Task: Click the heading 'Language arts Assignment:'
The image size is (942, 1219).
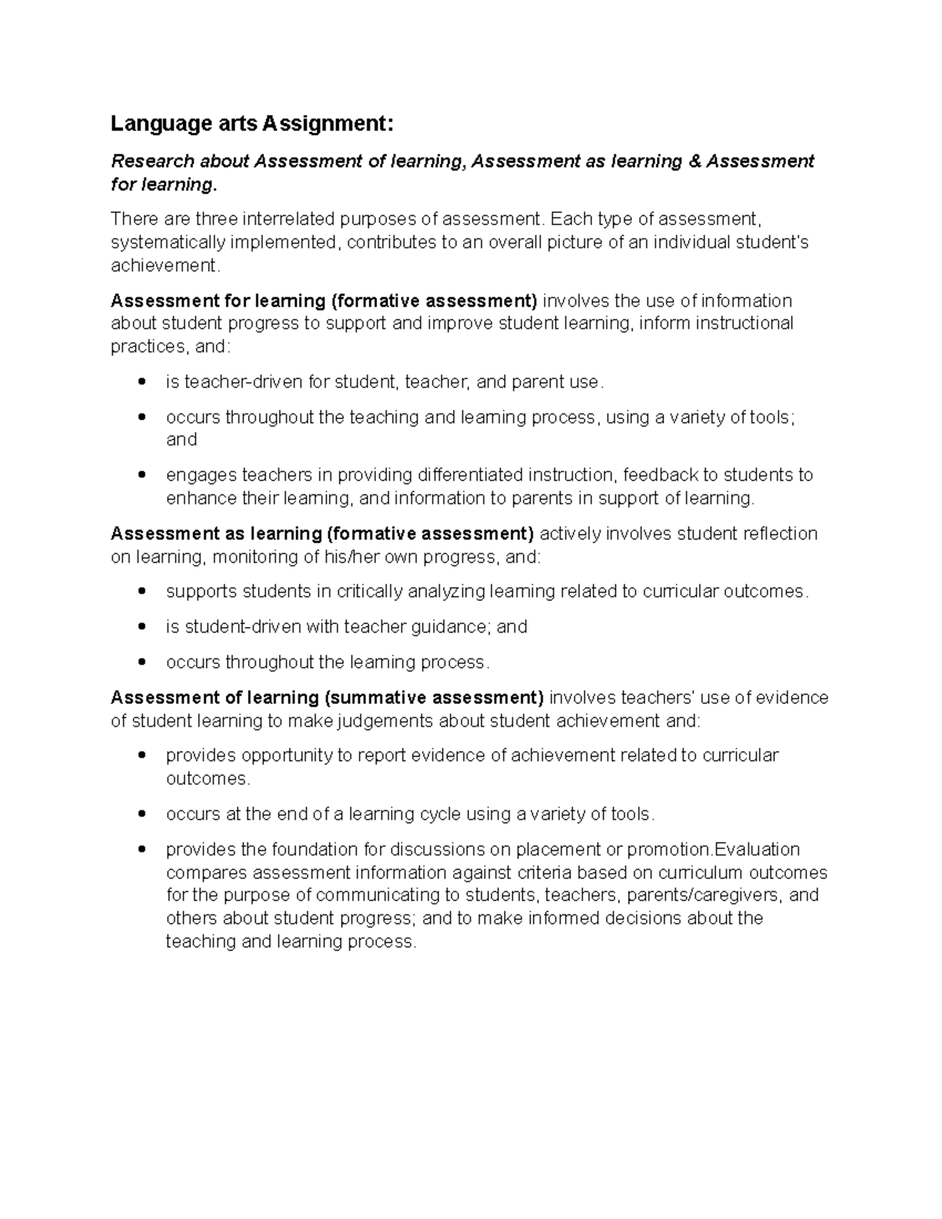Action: (x=250, y=124)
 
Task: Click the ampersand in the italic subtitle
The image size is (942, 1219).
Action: (x=694, y=162)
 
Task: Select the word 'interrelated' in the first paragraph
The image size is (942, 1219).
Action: (x=291, y=219)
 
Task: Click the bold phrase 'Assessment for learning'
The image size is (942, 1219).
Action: (x=218, y=301)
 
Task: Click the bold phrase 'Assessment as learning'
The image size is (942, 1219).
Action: (x=216, y=535)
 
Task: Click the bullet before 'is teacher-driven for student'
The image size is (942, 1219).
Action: (x=141, y=383)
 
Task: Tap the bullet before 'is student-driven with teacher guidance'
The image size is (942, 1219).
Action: (x=141, y=627)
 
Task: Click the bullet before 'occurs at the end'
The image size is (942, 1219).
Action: (x=141, y=815)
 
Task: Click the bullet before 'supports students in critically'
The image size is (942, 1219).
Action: (x=141, y=592)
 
